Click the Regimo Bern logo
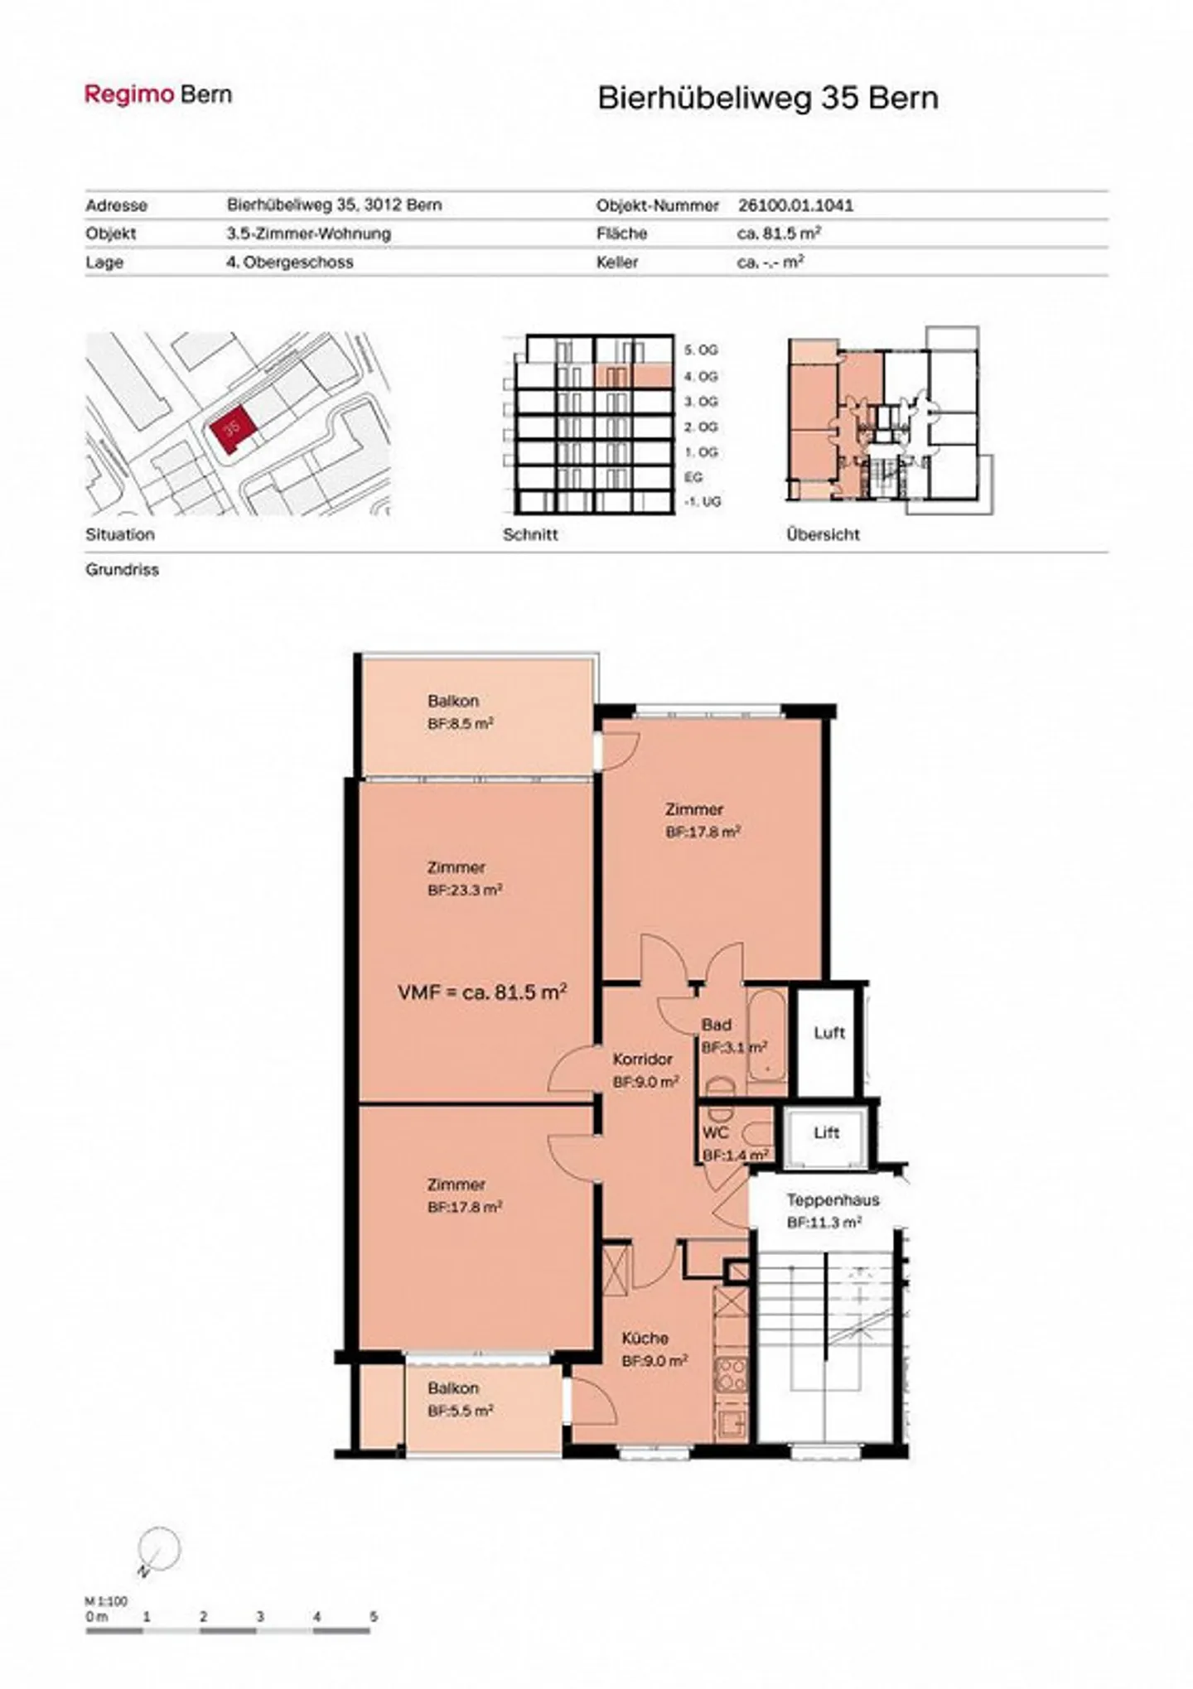pyautogui.click(x=158, y=94)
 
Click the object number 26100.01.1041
pyautogui.click(x=795, y=205)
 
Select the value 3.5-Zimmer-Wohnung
pyautogui.click(x=308, y=234)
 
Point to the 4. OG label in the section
pyautogui.click(x=700, y=376)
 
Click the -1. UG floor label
pyautogui.click(x=702, y=502)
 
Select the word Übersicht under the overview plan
pyautogui.click(x=823, y=535)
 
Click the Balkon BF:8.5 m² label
pyautogui.click(x=461, y=712)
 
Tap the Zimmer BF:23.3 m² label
pyautogui.click(x=464, y=879)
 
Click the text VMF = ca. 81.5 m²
pyautogui.click(x=482, y=992)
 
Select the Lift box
pyautogui.click(x=825, y=1133)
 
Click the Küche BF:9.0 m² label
pyautogui.click(x=654, y=1349)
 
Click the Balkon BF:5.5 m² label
pyautogui.click(x=461, y=1399)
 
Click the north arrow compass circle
pyautogui.click(x=159, y=1547)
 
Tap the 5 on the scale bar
pyautogui.click(x=374, y=1616)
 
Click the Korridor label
pyautogui.click(x=643, y=1059)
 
